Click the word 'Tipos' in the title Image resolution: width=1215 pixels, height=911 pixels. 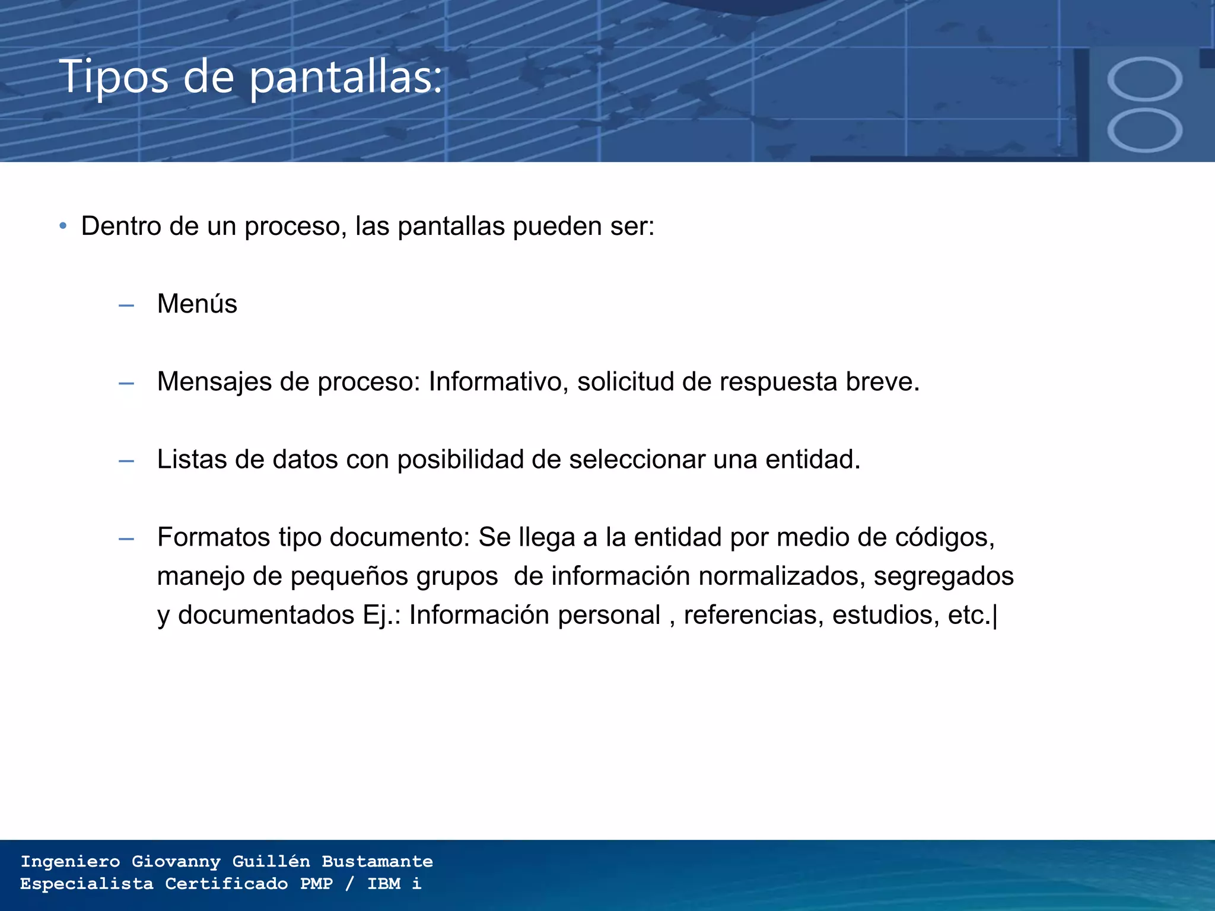point(113,77)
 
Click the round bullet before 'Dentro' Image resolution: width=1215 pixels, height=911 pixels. point(63,226)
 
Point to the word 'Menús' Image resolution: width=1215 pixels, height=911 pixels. point(197,304)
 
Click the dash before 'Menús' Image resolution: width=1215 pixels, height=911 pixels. point(126,306)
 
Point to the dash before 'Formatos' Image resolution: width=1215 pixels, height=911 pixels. point(126,539)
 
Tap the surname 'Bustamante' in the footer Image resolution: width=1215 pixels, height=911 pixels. point(377,861)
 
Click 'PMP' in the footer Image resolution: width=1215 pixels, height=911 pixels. point(316,884)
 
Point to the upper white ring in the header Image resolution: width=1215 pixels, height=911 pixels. point(1144,79)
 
